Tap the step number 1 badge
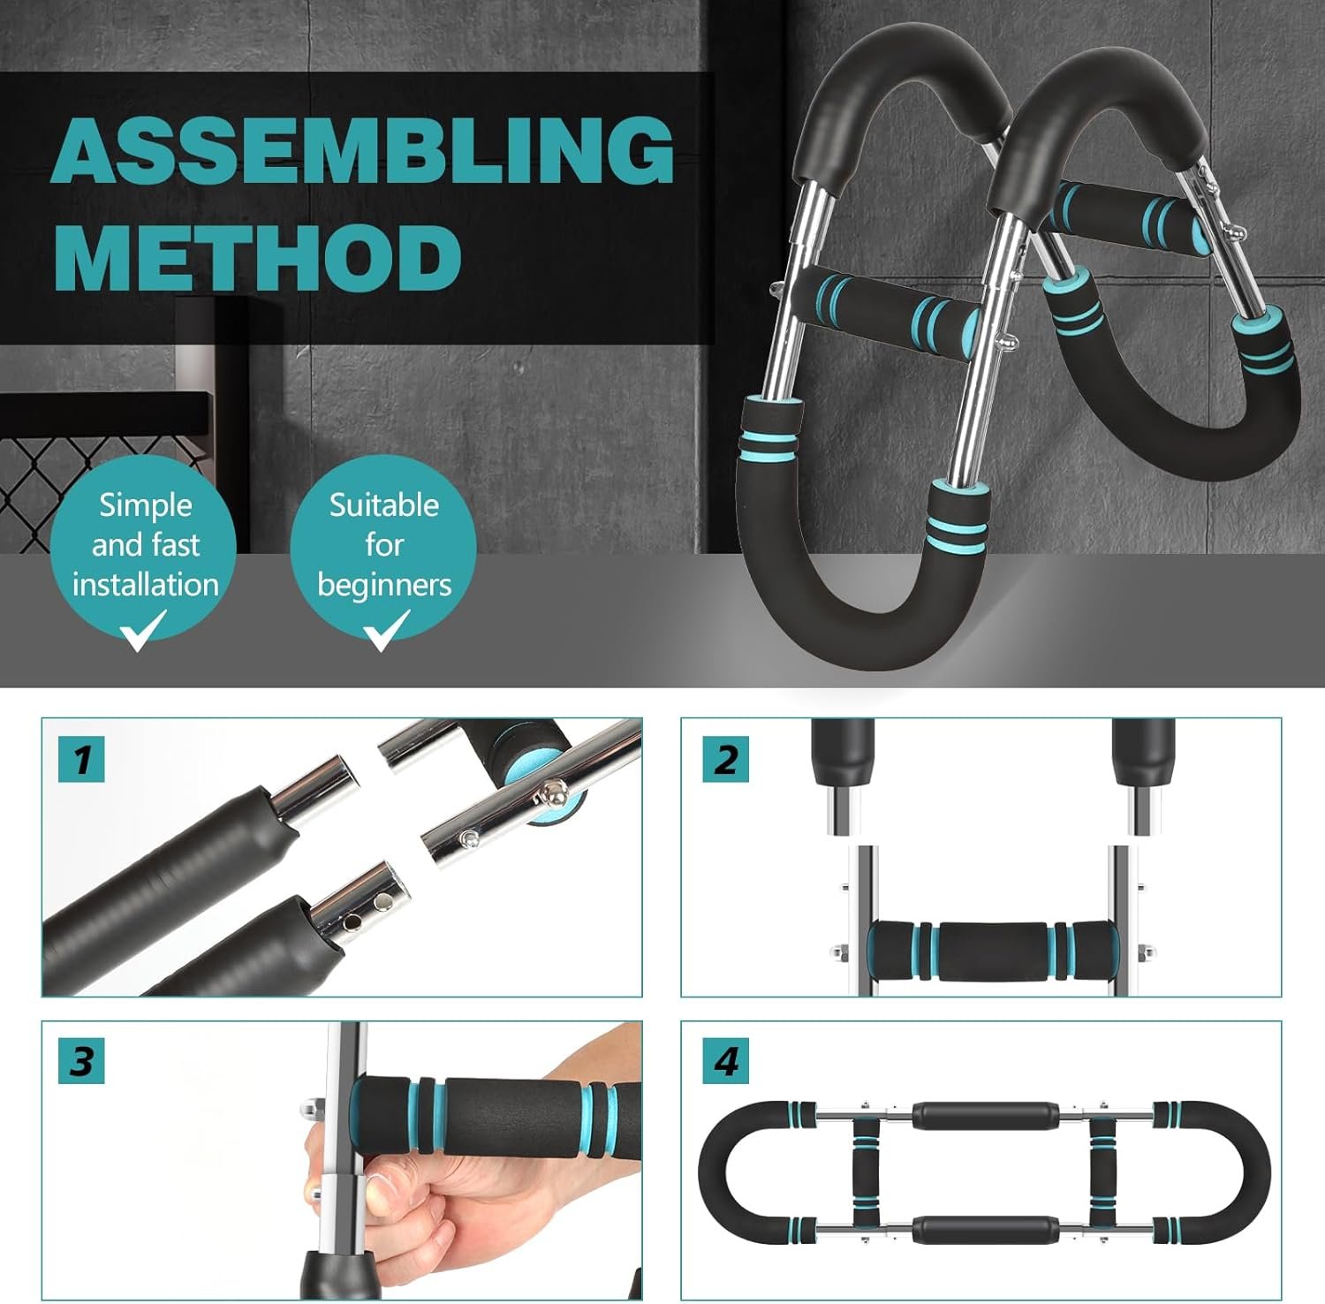point(81,759)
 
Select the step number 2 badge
point(725,759)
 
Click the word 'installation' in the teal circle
point(146,584)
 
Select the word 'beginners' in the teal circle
point(384,585)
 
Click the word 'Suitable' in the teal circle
point(384,504)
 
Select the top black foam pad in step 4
point(984,1116)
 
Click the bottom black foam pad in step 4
point(984,1229)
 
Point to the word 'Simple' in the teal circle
point(145,505)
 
